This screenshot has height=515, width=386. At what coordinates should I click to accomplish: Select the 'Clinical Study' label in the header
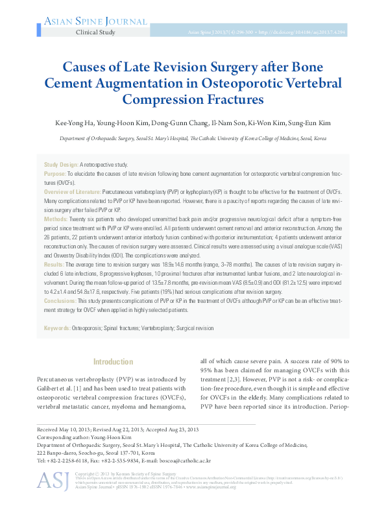tap(95, 32)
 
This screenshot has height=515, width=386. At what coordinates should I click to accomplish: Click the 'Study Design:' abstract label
tap(61, 165)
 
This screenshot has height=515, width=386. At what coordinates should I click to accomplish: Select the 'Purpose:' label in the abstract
tap(54, 174)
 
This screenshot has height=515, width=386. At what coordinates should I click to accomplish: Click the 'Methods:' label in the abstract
tap(56, 220)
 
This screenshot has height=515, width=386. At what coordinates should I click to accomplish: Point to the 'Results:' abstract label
tap(54, 265)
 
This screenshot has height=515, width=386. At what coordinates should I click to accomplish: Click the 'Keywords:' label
tap(57, 329)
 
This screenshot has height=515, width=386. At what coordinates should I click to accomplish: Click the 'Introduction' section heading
tap(114, 362)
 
